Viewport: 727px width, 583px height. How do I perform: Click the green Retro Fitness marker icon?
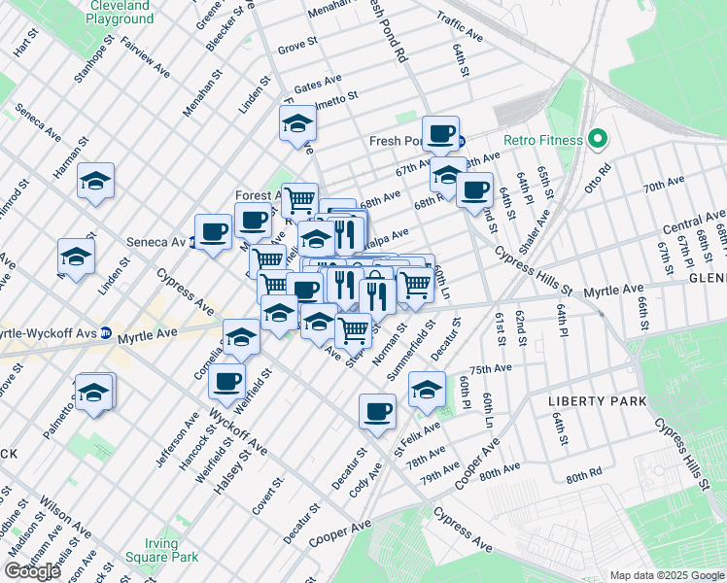(x=596, y=140)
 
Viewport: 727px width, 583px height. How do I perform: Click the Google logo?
(x=32, y=571)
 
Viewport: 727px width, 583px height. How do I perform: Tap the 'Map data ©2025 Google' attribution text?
(x=666, y=575)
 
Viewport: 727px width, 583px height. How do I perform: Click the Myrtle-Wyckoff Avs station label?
(x=47, y=333)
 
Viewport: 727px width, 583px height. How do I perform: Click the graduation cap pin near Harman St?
(x=96, y=182)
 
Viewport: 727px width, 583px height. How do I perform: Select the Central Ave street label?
(x=694, y=222)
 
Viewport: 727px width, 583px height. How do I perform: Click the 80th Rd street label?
(x=584, y=477)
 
